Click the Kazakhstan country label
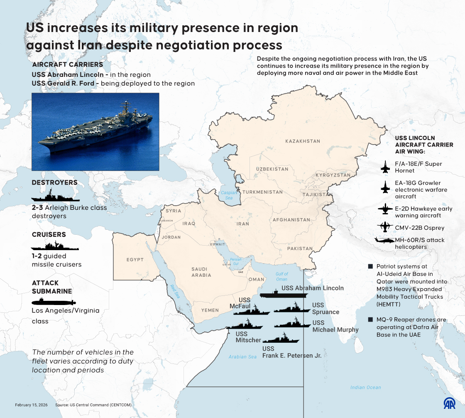click(303, 141)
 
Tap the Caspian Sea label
click(228, 195)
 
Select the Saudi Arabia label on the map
click(201, 272)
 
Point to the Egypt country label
click(135, 260)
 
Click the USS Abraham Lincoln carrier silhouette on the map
click(284, 295)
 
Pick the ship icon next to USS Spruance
click(292, 309)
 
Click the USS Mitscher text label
click(248, 337)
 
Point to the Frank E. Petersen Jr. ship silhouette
click(281, 339)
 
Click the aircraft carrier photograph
click(95, 132)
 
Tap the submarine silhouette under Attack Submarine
click(54, 301)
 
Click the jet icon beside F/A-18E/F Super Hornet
click(386, 167)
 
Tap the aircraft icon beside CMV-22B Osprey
click(385, 227)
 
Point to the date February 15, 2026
click(31, 405)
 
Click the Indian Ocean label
click(365, 387)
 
